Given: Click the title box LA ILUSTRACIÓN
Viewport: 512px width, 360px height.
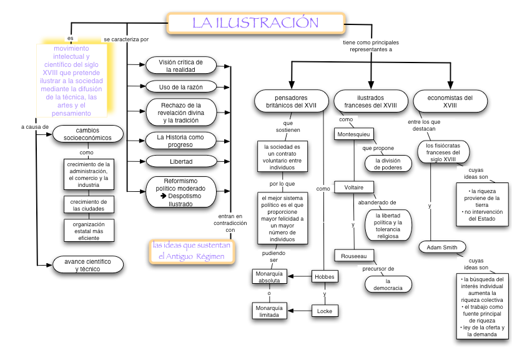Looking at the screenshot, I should tap(255, 23).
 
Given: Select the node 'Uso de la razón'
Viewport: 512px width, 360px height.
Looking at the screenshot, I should tap(181, 86).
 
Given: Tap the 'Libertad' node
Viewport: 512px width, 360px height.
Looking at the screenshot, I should tap(181, 161).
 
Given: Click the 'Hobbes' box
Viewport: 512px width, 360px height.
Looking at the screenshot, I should tap(325, 276).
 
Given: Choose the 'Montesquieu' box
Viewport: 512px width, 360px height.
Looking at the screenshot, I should tap(353, 134).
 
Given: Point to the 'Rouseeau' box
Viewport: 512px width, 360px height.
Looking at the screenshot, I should tap(353, 255).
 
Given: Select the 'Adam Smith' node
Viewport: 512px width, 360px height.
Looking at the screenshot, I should tap(441, 247).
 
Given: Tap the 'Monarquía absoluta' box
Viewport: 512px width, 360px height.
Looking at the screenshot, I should tap(269, 276).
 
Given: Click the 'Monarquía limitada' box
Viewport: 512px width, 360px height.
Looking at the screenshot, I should tap(269, 311).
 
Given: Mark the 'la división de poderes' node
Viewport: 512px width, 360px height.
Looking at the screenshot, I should tap(388, 164).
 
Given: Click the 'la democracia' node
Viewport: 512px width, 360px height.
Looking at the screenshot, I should tap(388, 284).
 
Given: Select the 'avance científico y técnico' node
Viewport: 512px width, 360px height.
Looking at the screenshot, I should tap(87, 265).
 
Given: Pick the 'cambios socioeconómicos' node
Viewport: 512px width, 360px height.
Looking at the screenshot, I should tap(87, 134).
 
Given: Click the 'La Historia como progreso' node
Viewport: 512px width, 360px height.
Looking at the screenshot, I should tap(181, 141).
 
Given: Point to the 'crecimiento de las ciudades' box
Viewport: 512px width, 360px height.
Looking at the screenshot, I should tap(88, 205).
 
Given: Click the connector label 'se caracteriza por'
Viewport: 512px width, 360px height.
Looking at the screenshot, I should tap(126, 39).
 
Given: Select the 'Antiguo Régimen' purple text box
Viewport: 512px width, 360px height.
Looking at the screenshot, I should tap(192, 251).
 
